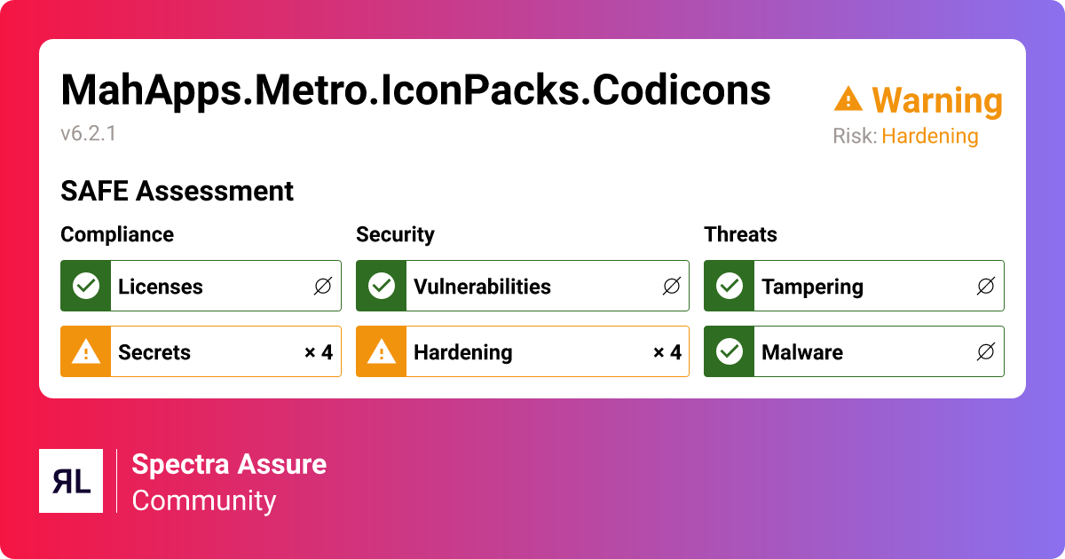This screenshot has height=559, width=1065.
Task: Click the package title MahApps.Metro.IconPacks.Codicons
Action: [415, 91]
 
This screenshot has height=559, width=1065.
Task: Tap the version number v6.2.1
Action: [89, 134]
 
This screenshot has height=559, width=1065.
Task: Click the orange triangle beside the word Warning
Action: [848, 99]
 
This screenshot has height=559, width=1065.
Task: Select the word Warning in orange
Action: [936, 101]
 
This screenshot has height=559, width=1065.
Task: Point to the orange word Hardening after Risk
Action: [929, 137]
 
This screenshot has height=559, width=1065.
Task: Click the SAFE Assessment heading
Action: [177, 192]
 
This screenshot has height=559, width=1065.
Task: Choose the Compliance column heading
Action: [117, 234]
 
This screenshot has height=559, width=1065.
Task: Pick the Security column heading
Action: [395, 234]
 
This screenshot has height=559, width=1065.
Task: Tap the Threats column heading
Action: [740, 234]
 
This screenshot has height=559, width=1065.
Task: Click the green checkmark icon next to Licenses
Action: [85, 286]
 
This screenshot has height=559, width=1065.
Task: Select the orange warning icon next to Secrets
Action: [85, 352]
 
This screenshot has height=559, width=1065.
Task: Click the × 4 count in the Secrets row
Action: [318, 352]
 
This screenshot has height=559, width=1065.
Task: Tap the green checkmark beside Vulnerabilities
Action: [381, 286]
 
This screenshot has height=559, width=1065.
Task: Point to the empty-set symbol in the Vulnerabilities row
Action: [672, 286]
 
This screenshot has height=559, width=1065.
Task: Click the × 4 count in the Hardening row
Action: [667, 352]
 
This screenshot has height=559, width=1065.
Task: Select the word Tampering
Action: [812, 287]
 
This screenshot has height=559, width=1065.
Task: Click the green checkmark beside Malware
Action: [729, 352]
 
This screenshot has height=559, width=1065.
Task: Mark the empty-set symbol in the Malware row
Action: [985, 352]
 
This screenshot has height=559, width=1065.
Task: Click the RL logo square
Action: [71, 481]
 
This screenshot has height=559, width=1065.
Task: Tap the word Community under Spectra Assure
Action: [204, 500]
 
